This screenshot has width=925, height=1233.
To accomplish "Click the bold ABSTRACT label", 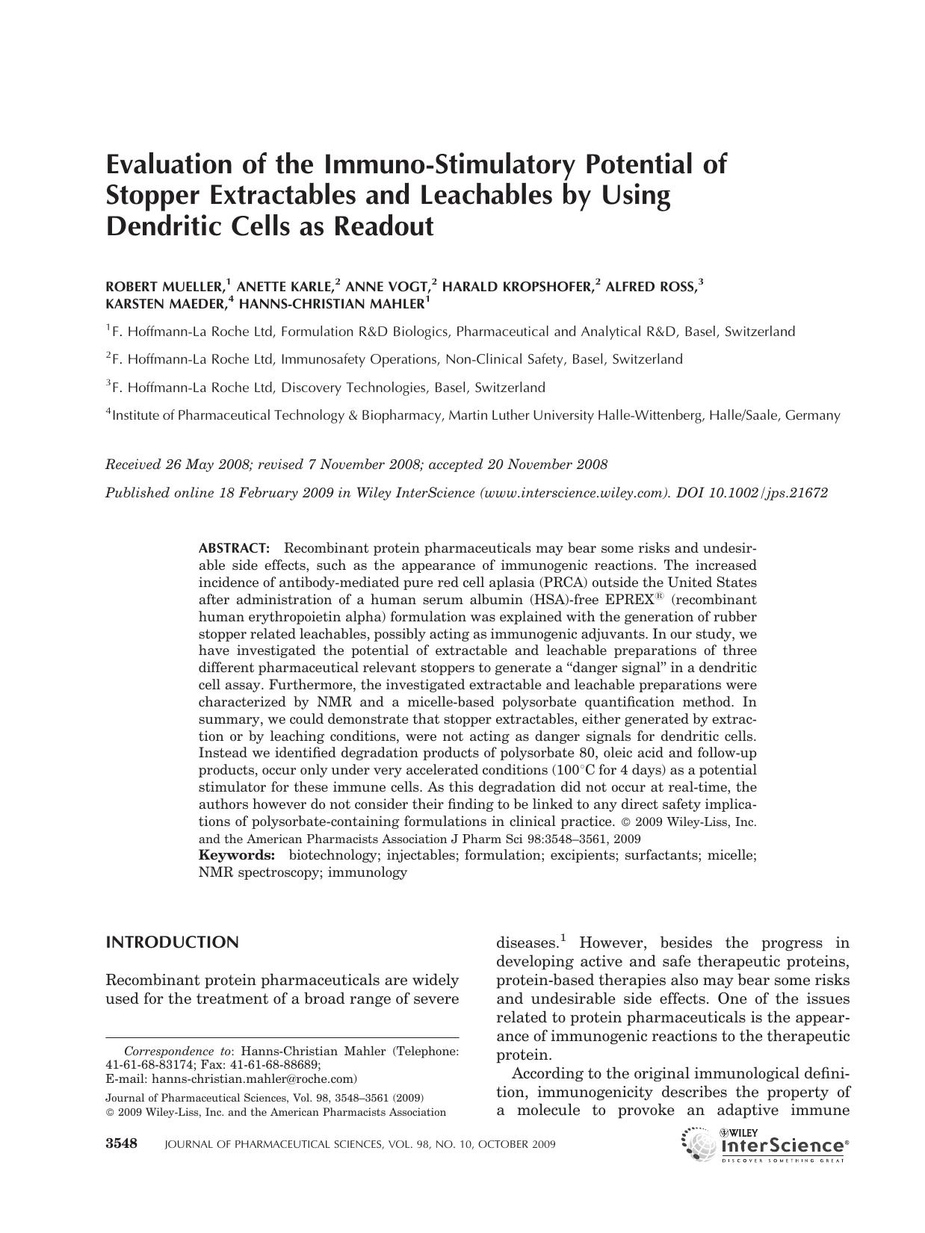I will click(234, 549).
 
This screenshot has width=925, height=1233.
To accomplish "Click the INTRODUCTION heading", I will click(173, 942).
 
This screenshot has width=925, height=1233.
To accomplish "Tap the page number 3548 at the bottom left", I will click(122, 1144).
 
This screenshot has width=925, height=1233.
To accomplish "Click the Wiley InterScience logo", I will click(765, 1144).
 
